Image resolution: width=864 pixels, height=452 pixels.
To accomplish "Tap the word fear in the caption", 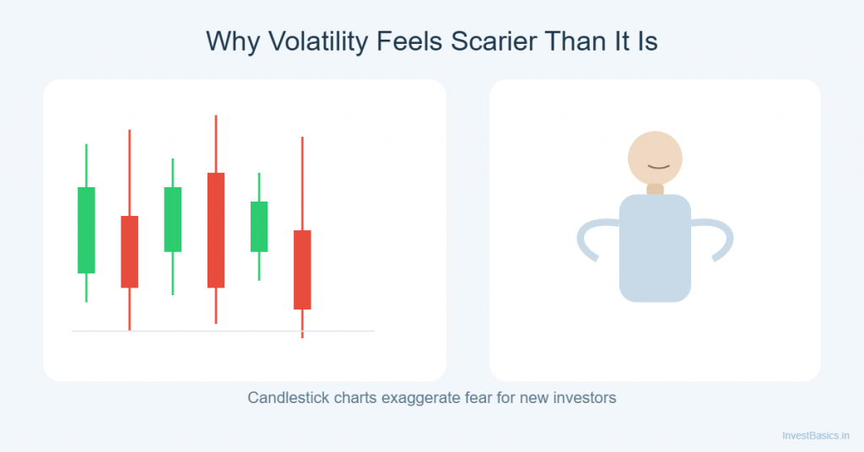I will click(483, 397).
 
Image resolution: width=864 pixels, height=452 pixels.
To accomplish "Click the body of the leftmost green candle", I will click(86, 229).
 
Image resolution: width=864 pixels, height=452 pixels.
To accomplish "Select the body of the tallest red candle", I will click(216, 229).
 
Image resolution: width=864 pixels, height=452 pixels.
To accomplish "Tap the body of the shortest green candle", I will click(259, 226).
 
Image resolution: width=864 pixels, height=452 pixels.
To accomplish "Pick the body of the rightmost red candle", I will click(302, 269).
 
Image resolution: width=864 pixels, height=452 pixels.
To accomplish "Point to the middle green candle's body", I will click(172, 218).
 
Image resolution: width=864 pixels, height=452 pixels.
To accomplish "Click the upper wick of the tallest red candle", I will click(216, 143).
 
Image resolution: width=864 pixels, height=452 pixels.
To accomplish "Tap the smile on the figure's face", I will click(658, 167).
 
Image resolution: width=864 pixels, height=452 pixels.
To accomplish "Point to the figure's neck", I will click(655, 189).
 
